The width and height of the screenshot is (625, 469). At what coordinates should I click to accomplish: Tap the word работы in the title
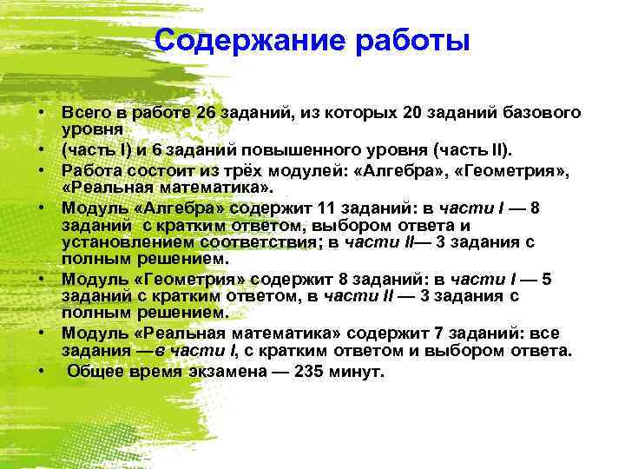tap(406, 41)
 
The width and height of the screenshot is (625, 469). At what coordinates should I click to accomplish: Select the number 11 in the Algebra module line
tap(340, 208)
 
